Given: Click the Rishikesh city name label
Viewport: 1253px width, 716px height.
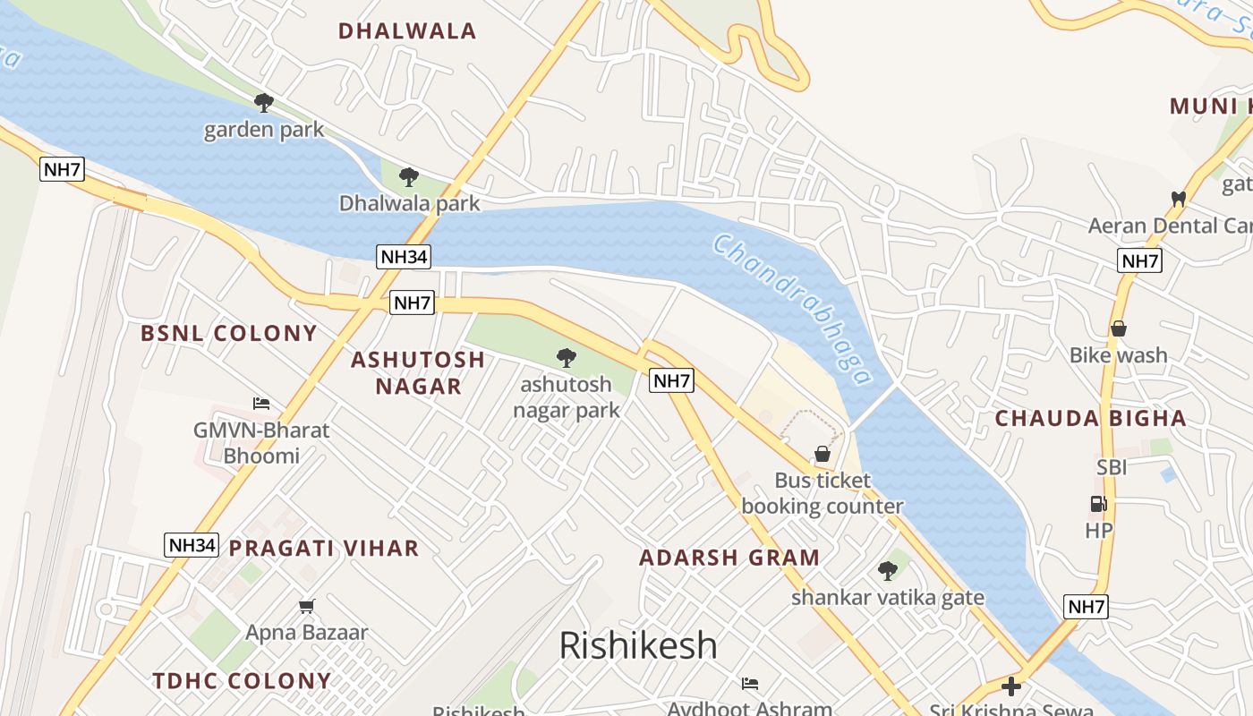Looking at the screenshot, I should [638, 645].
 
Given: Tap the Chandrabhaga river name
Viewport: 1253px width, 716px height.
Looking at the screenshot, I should [793, 310].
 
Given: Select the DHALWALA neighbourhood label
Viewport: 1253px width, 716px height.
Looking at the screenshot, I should [407, 31].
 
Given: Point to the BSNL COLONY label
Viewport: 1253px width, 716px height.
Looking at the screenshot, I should [229, 334].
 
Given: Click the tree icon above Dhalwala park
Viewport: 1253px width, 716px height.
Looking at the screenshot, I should [409, 177].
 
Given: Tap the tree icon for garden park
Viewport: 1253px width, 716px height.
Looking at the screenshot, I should [263, 103].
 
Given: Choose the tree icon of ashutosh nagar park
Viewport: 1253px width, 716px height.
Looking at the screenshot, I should [566, 359].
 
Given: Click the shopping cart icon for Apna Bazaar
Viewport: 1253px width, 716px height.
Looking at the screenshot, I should [307, 607].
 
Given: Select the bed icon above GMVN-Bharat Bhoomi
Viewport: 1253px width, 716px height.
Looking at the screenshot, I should [261, 404].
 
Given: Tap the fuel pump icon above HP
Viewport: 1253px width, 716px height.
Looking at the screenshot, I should [1099, 504].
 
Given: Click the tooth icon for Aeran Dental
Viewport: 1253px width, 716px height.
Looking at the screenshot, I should [1178, 199].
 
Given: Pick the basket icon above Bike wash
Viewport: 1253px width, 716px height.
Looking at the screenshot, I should [1118, 328].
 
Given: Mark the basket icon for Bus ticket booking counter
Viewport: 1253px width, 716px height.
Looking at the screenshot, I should [822, 455].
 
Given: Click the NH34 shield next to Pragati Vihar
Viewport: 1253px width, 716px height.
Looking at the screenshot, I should [192, 545].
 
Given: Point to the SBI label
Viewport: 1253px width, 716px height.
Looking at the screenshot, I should [1112, 467].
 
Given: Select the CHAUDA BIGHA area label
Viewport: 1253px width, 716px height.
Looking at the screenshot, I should [1091, 418].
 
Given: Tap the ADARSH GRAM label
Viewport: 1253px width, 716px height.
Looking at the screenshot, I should [729, 558].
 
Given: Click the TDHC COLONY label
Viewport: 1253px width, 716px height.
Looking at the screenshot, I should [243, 681].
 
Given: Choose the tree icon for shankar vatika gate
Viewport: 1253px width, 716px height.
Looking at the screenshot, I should [887, 570].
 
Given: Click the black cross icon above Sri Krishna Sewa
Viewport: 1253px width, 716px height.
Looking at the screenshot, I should [1011, 686].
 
